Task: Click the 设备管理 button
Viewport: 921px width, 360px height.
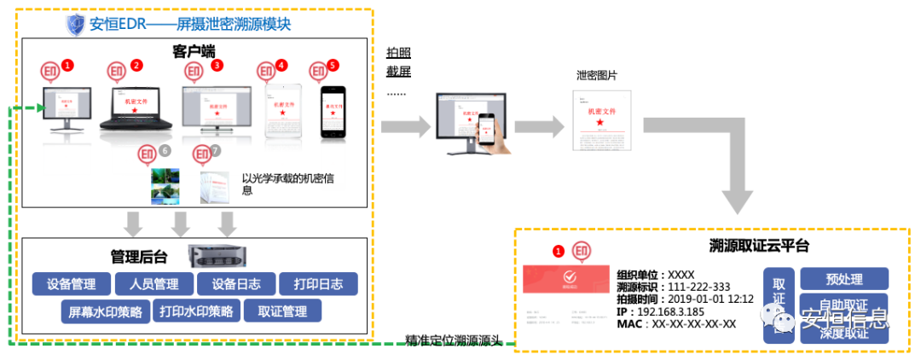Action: (71, 284)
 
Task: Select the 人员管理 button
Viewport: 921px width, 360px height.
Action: (154, 284)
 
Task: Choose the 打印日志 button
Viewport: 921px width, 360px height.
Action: (318, 284)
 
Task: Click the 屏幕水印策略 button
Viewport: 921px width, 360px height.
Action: (106, 311)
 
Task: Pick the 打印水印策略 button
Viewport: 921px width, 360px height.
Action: (195, 311)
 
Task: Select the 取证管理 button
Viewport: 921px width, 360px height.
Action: (281, 311)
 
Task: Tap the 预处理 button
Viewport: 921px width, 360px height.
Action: (844, 279)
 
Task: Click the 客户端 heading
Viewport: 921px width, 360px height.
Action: (193, 51)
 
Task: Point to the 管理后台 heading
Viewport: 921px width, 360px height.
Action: (139, 255)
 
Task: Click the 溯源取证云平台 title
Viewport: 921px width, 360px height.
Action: (759, 247)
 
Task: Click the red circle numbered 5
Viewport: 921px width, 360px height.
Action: (333, 65)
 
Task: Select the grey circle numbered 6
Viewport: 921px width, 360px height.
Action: (165, 151)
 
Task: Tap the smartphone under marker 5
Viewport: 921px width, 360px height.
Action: (334, 112)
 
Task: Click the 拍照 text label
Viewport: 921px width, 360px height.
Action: (398, 53)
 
